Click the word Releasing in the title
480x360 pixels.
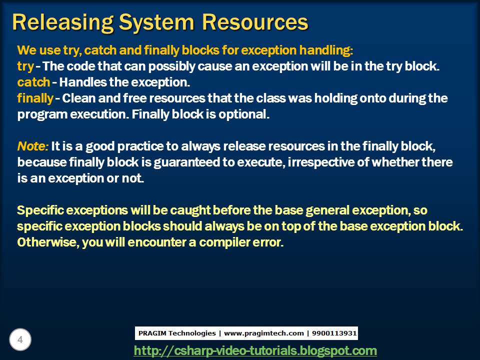(63, 23)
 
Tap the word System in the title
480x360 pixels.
(156, 23)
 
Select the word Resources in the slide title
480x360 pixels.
(255, 22)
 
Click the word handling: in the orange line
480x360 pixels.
(326, 50)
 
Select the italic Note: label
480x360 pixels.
(33, 146)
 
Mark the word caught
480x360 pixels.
(190, 210)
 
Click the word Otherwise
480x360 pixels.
(48, 242)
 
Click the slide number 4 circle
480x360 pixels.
(20, 339)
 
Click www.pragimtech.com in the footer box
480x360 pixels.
(264, 333)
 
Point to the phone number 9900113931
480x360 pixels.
(334, 333)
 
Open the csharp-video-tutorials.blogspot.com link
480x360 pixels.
(255, 350)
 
